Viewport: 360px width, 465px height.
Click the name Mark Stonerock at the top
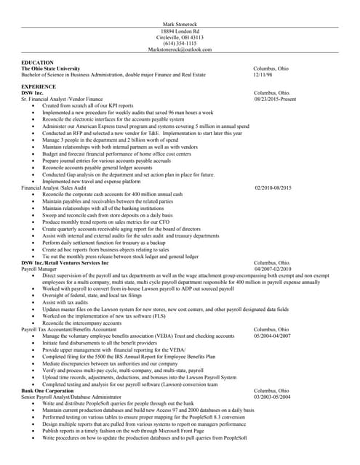point(180,24)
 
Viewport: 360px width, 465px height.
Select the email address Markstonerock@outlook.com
point(180,49)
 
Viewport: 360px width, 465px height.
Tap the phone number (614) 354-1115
point(180,43)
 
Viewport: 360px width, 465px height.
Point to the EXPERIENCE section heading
point(41,86)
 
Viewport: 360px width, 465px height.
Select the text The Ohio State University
point(50,68)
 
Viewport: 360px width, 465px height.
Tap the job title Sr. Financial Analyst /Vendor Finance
point(62,99)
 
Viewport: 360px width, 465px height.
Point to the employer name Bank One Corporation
point(47,391)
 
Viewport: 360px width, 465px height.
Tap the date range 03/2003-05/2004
point(273,397)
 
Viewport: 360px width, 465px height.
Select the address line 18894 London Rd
point(180,31)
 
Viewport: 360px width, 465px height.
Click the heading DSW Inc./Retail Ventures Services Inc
point(65,262)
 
